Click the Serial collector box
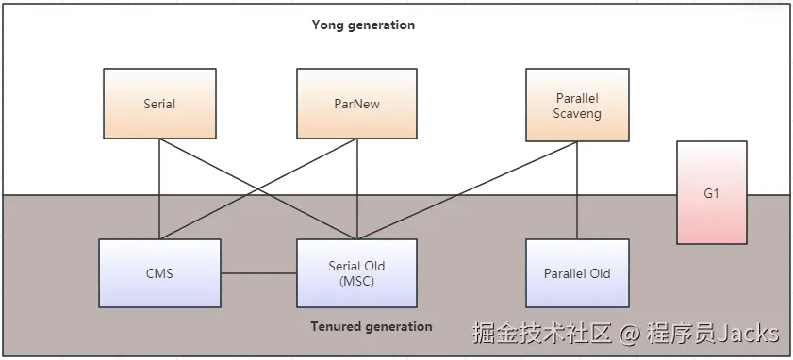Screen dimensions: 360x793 (x=159, y=104)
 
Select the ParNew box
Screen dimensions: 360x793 (x=356, y=104)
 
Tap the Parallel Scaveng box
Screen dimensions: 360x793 (x=577, y=104)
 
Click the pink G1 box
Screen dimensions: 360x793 (x=711, y=192)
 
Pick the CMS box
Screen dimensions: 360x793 (x=159, y=273)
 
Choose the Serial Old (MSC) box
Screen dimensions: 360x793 (x=356, y=273)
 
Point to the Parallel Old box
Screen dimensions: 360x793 (x=577, y=273)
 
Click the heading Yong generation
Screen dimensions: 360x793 (x=363, y=25)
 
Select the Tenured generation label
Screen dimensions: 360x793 (x=372, y=327)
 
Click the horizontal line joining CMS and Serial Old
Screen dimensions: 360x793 (x=258, y=273)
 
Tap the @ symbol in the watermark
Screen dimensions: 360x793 (x=629, y=334)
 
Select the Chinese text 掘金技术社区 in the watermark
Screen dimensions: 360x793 (x=543, y=334)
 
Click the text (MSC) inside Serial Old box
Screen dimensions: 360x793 (x=356, y=281)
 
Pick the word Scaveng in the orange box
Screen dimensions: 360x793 (x=577, y=113)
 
